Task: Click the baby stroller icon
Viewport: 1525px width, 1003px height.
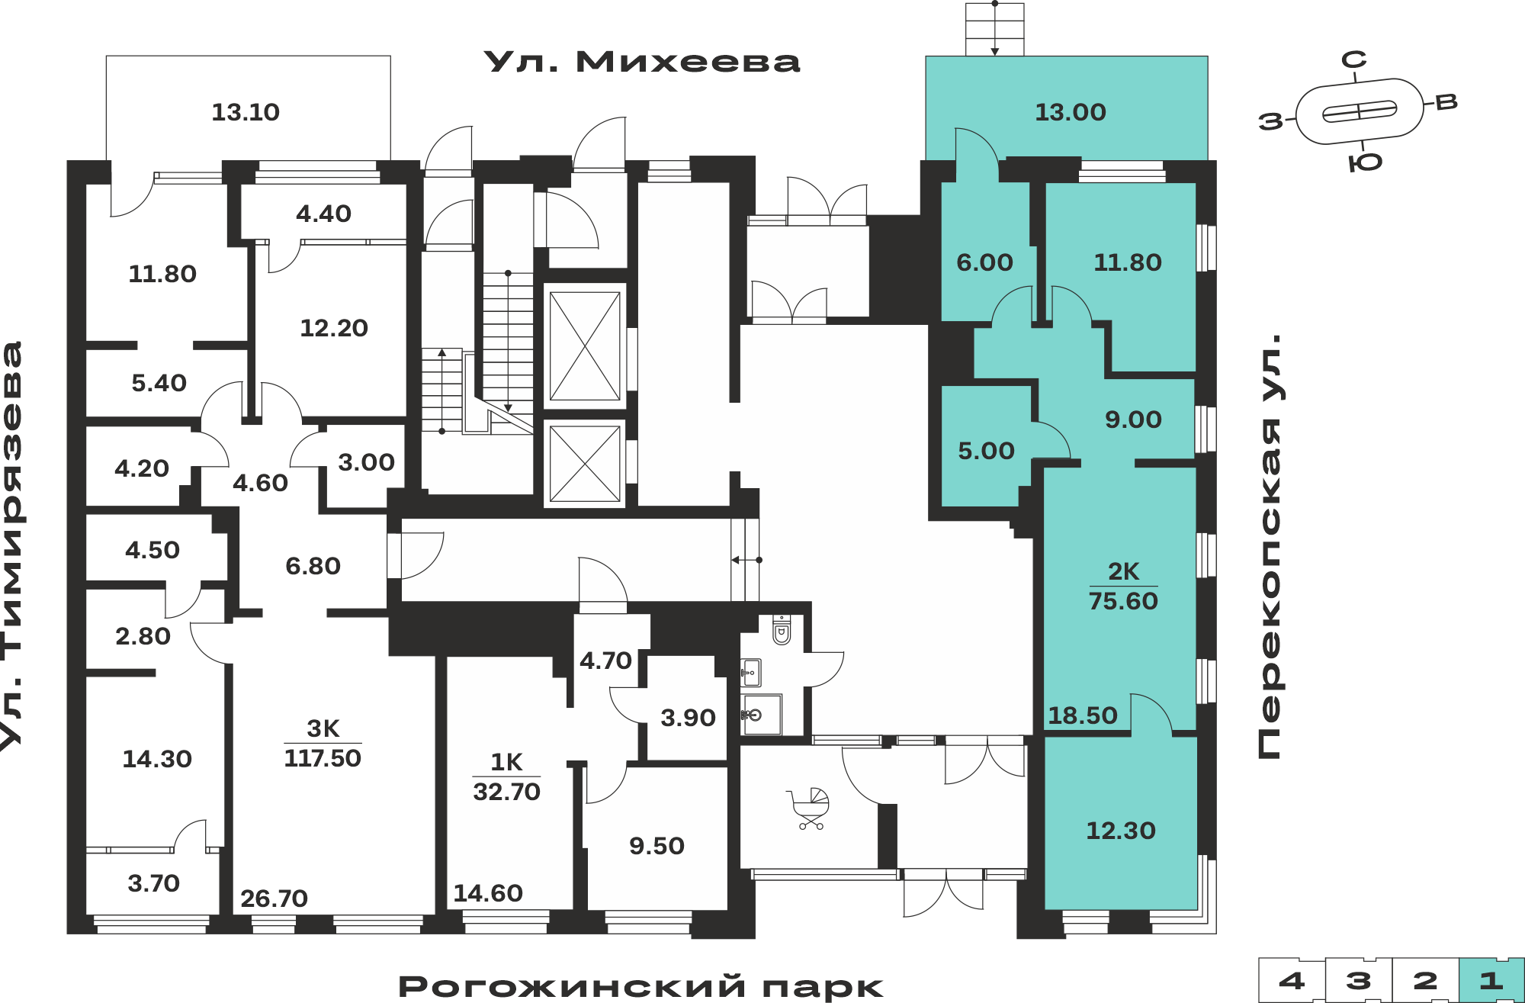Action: point(809,809)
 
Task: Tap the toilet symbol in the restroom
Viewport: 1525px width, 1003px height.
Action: point(782,630)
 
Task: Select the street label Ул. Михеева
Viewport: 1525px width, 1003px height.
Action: point(642,62)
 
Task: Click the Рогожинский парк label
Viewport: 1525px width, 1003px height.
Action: point(640,986)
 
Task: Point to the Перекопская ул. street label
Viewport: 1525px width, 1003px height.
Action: point(1270,546)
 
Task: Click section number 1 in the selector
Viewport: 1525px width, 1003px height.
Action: point(1491,980)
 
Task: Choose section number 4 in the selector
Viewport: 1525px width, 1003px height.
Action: point(1292,980)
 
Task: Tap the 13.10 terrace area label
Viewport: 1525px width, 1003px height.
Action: point(246,112)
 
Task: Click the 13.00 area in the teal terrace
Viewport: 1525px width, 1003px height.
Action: point(1070,112)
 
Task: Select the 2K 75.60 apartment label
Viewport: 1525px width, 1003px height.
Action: point(1123,586)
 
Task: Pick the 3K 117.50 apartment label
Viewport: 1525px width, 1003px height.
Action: point(323,743)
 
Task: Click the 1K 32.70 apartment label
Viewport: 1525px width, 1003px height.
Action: point(506,776)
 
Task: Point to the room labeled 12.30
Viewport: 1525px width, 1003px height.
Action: point(1120,831)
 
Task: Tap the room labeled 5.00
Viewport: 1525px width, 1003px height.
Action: point(986,451)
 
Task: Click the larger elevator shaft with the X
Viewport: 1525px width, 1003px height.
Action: point(585,346)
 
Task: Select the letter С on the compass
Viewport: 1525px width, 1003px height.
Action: point(1354,59)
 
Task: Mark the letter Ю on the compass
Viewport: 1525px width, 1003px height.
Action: point(1365,162)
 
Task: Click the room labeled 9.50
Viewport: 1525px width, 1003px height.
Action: point(657,846)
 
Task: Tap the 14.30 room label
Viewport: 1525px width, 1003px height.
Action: point(157,759)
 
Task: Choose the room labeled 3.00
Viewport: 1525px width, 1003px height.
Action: point(366,462)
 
